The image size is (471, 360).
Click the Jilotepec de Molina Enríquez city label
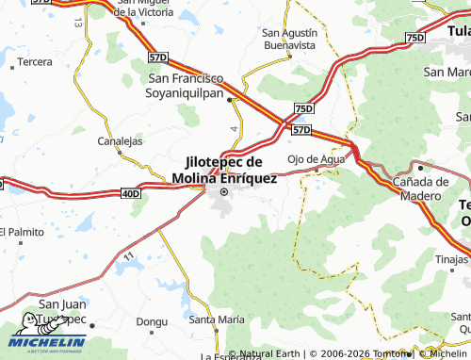click(x=224, y=171)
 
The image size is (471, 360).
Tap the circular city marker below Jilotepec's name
click(x=224, y=193)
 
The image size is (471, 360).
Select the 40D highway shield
click(x=130, y=194)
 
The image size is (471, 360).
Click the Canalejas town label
click(x=120, y=141)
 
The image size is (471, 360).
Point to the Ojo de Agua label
click(x=316, y=158)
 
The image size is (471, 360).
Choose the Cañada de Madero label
click(x=420, y=188)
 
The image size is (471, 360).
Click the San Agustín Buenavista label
click(x=289, y=38)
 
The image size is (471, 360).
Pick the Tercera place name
click(x=35, y=61)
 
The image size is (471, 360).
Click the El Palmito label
click(x=23, y=232)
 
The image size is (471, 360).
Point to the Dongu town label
click(x=151, y=321)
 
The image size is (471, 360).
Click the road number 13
click(x=77, y=20)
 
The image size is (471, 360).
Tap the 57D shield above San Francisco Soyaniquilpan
click(x=158, y=58)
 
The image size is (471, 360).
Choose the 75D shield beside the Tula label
click(x=415, y=37)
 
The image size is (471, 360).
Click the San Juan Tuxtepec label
click(x=61, y=312)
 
